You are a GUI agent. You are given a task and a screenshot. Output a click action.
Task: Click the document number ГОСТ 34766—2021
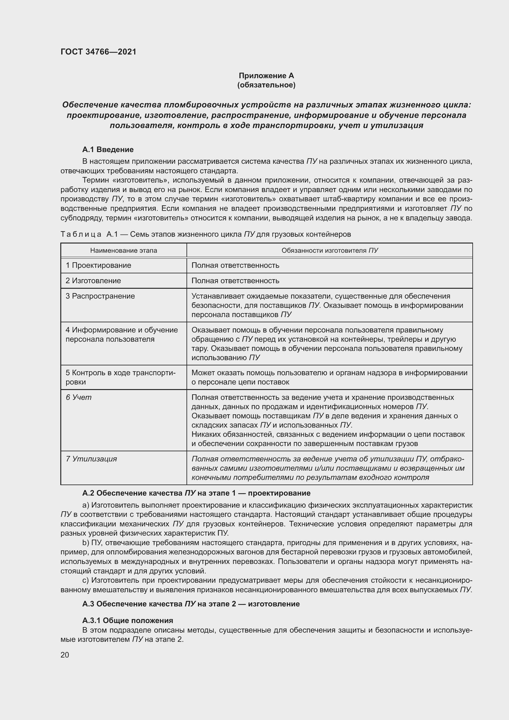pyautogui.click(x=98, y=52)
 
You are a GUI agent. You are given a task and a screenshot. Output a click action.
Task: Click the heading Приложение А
pyautogui.click(x=266, y=76)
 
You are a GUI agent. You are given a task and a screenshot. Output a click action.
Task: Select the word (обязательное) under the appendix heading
pyautogui.click(x=266, y=85)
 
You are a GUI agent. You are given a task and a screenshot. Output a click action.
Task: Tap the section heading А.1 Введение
pyautogui.click(x=108, y=150)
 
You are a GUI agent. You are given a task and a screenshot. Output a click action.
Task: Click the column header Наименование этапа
pyautogui.click(x=123, y=251)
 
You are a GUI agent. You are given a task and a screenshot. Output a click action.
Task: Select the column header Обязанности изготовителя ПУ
pyautogui.click(x=330, y=251)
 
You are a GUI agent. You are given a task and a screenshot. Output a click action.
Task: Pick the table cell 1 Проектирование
pyautogui.click(x=98, y=265)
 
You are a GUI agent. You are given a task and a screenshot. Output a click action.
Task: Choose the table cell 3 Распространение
pyautogui.click(x=100, y=296)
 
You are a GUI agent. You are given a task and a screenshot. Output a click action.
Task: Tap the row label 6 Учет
pyautogui.click(x=79, y=397)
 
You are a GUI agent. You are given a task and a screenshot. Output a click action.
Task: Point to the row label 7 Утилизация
pyautogui.click(x=91, y=459)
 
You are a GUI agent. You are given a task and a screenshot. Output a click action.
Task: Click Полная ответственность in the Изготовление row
pyautogui.click(x=235, y=281)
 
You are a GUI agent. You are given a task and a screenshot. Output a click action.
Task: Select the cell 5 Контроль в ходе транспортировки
pyautogui.click(x=120, y=377)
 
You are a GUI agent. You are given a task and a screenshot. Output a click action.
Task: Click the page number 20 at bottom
pyautogui.click(x=65, y=655)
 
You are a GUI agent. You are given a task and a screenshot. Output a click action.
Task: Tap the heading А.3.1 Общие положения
pyautogui.click(x=128, y=621)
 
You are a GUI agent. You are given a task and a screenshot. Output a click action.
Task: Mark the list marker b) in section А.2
pyautogui.click(x=86, y=543)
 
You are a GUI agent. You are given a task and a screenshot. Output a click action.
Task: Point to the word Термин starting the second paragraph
pyautogui.click(x=95, y=180)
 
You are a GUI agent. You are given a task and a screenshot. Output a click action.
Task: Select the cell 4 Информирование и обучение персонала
pyautogui.click(x=122, y=334)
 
